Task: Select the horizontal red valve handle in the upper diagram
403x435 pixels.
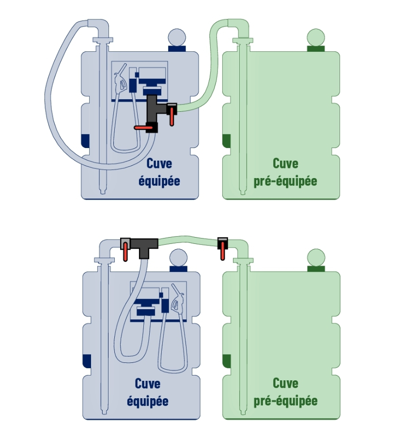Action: tap(143, 128)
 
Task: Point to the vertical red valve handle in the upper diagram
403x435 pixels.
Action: tap(172, 117)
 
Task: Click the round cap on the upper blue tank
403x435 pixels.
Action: tap(177, 37)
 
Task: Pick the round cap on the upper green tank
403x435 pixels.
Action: tap(316, 37)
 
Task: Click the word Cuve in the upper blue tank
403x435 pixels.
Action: tap(159, 164)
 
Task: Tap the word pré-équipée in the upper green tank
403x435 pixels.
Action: tap(285, 181)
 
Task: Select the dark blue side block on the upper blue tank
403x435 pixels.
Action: tap(85, 141)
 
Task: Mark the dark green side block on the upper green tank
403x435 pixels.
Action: tap(226, 141)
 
